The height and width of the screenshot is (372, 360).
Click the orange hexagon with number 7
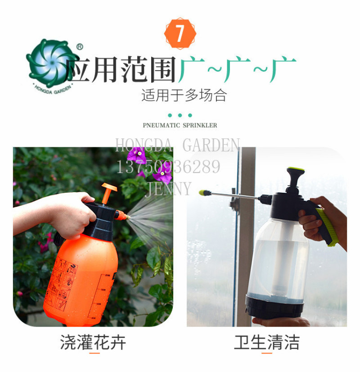tap(180, 33)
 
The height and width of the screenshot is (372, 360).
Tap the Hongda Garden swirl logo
tap(51, 64)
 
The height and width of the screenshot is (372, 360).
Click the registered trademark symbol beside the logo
tap(80, 47)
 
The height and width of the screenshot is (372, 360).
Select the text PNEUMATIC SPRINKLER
tap(180, 125)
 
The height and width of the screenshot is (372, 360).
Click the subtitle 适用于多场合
tap(184, 95)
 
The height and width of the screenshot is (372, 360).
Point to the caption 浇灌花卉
tap(93, 342)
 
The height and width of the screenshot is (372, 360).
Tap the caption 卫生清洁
tap(266, 342)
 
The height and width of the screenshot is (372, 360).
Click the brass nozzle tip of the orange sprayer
tap(128, 217)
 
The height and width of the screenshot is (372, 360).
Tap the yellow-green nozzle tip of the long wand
tap(205, 193)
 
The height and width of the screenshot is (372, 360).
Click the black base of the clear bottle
tap(274, 306)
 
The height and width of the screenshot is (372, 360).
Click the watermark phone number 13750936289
tap(168, 167)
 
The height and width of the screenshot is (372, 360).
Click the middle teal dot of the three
tap(180, 115)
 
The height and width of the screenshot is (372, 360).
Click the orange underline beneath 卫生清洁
tap(266, 353)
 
